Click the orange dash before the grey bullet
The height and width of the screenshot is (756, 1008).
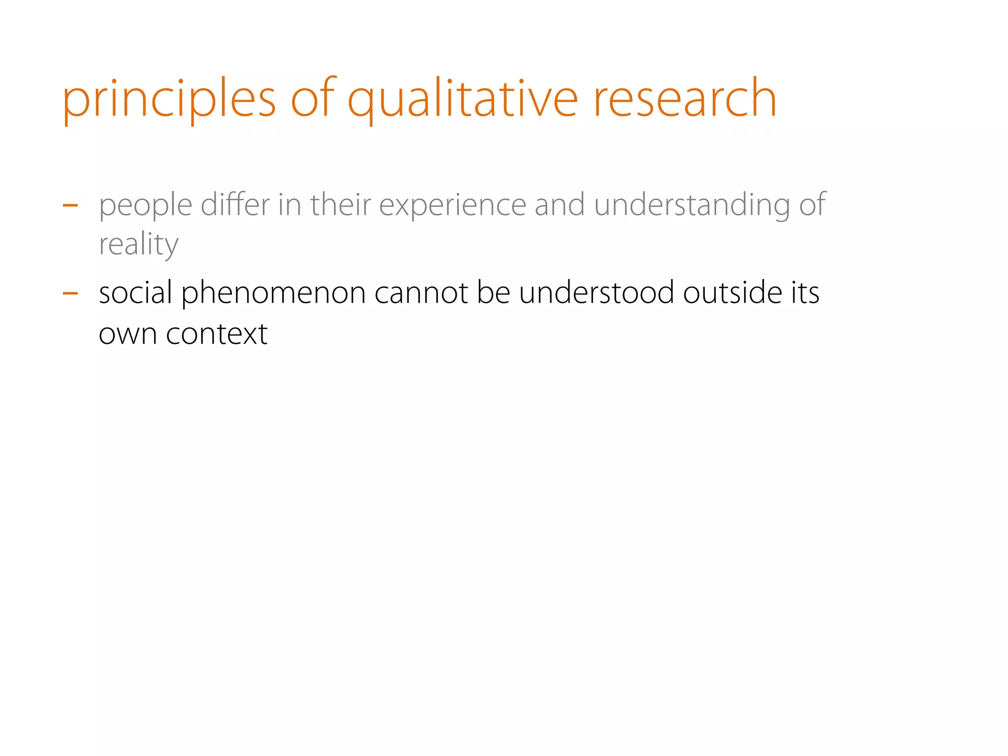pyautogui.click(x=70, y=205)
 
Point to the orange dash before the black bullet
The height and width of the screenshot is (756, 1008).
pyautogui.click(x=70, y=293)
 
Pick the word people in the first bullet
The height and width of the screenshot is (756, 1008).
pyautogui.click(x=145, y=206)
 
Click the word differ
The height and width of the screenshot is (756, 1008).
pyautogui.click(x=235, y=204)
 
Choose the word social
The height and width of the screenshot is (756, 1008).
pyautogui.click(x=135, y=293)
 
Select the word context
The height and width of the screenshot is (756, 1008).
pyautogui.click(x=217, y=334)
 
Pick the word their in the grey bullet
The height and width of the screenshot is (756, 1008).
pyautogui.click(x=340, y=204)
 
